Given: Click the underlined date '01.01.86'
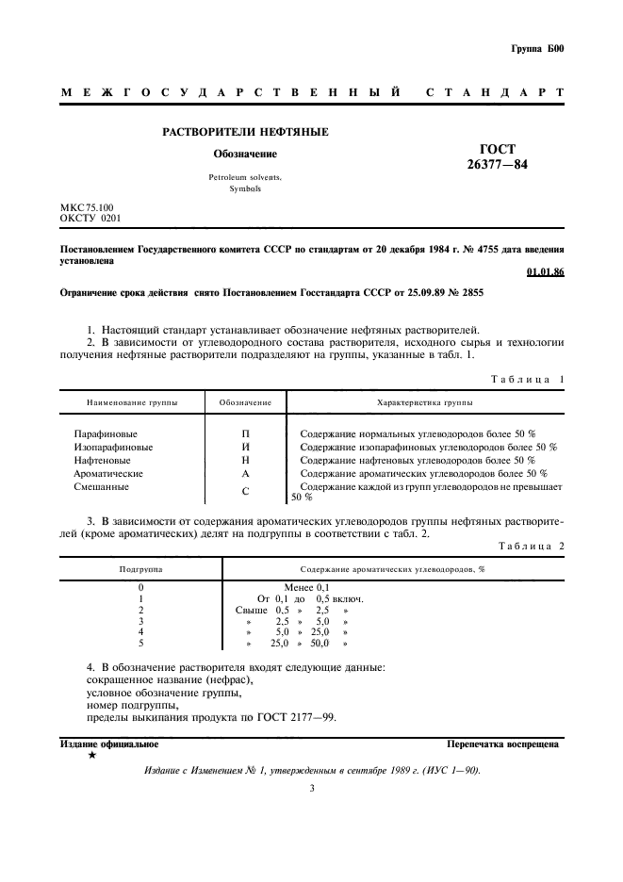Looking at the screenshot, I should coord(545,272).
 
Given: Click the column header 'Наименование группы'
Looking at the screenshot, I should coord(132,402).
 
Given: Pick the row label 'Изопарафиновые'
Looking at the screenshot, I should coord(113,447).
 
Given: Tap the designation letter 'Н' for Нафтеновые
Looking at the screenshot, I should coord(245,460).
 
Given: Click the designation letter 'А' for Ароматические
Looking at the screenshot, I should coord(245,473).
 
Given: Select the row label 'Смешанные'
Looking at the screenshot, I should coord(101,487).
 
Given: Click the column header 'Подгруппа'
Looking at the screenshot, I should coord(140,569).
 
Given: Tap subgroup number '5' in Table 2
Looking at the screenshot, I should coord(140,644).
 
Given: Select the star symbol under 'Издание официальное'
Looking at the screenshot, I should coord(90,755).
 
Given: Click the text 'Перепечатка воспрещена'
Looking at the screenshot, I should coord(503,743).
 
